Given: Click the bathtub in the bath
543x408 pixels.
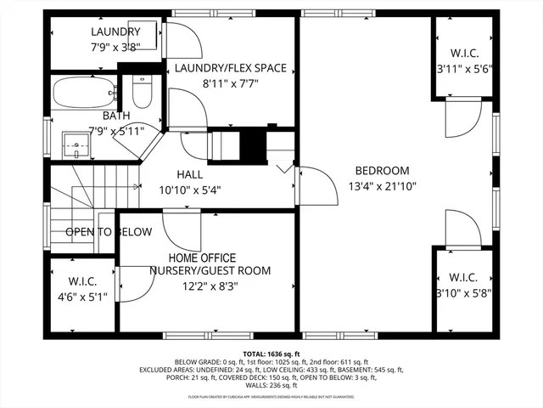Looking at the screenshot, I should [x=84, y=91].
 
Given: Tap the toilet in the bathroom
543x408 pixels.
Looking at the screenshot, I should [x=141, y=92].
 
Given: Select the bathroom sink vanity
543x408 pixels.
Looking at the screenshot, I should [x=78, y=145].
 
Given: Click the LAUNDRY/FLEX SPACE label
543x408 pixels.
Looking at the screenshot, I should [x=230, y=68].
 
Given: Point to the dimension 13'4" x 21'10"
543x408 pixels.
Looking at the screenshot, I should [x=382, y=187].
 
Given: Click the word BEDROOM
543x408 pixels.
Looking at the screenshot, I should [x=382, y=170].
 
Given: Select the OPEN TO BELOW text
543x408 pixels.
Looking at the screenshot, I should [x=109, y=232].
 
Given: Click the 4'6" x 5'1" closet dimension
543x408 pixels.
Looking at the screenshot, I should [x=81, y=297].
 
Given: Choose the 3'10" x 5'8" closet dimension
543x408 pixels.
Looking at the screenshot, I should [x=464, y=293].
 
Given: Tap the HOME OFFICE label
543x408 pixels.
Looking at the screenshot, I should [x=202, y=258].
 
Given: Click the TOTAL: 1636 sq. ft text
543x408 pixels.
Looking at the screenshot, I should [x=271, y=354].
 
